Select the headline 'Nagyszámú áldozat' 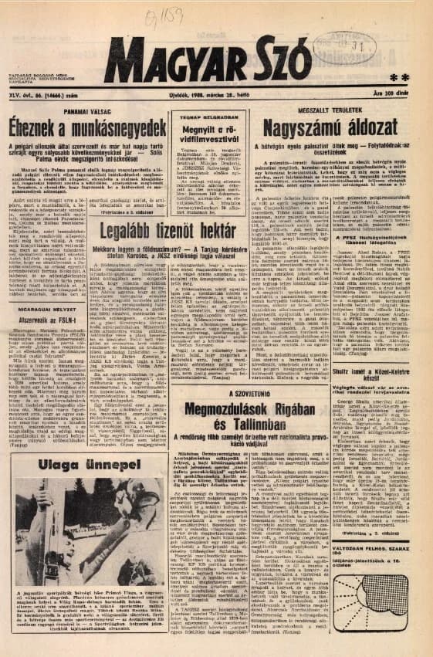point(330,127)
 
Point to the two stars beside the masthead point(399,78)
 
